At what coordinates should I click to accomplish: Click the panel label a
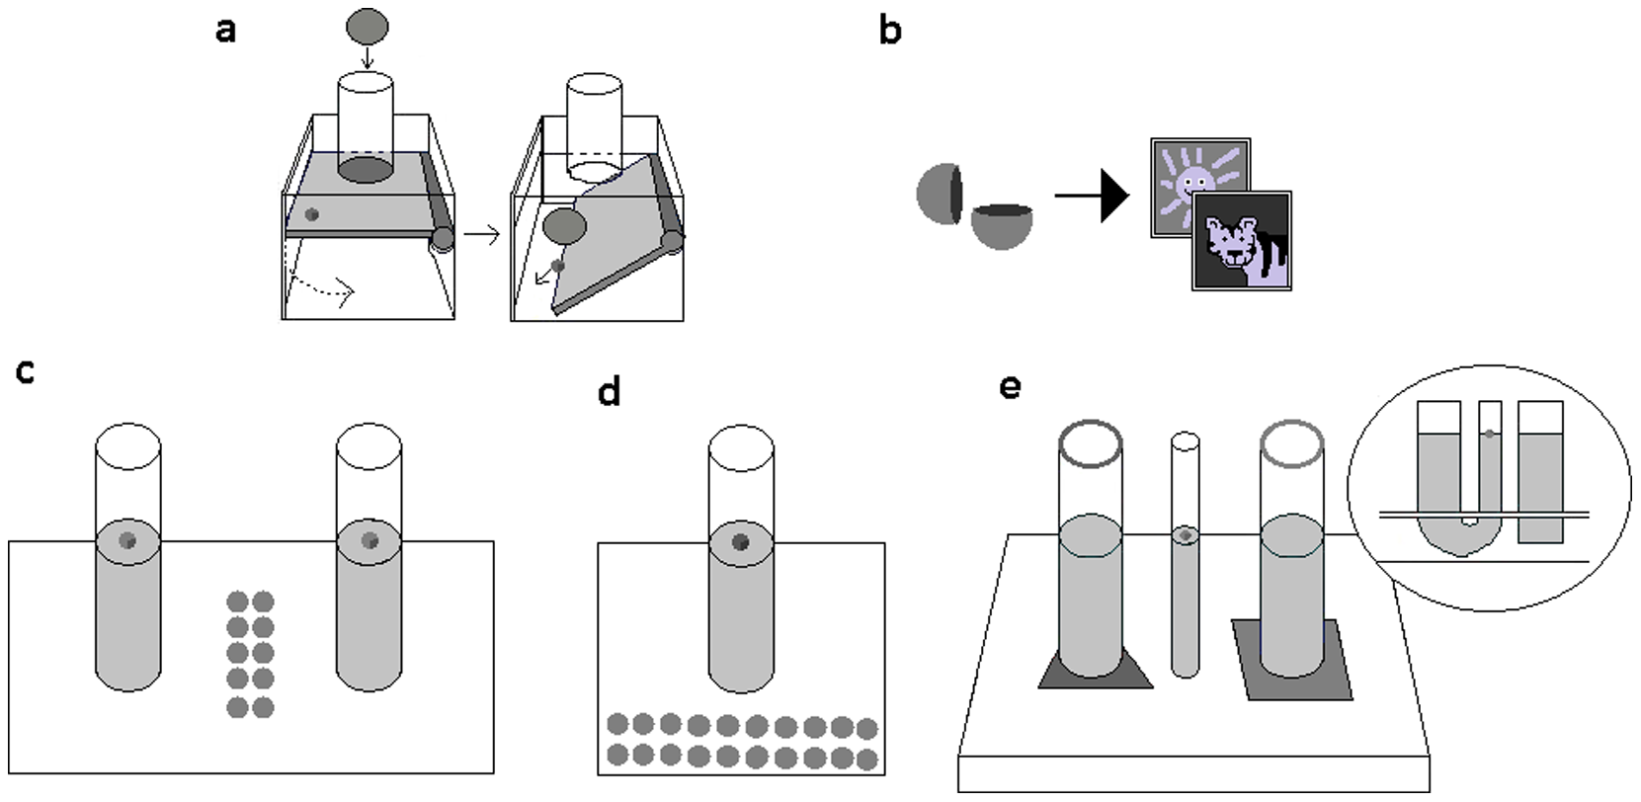coord(226,31)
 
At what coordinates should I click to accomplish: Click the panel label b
coord(889,32)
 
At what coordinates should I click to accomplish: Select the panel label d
coord(610,392)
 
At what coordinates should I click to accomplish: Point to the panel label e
coord(1009,385)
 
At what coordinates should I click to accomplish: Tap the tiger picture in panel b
coord(1242,242)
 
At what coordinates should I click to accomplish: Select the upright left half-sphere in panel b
coord(939,192)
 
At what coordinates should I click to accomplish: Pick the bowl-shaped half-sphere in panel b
coord(1002,225)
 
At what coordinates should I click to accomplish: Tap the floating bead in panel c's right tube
coord(369,539)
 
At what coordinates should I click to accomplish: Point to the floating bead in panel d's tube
coord(741,541)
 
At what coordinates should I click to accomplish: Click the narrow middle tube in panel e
coord(1186,593)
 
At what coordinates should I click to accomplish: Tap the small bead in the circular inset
coord(1489,433)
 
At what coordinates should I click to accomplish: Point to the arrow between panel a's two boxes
coord(481,235)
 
